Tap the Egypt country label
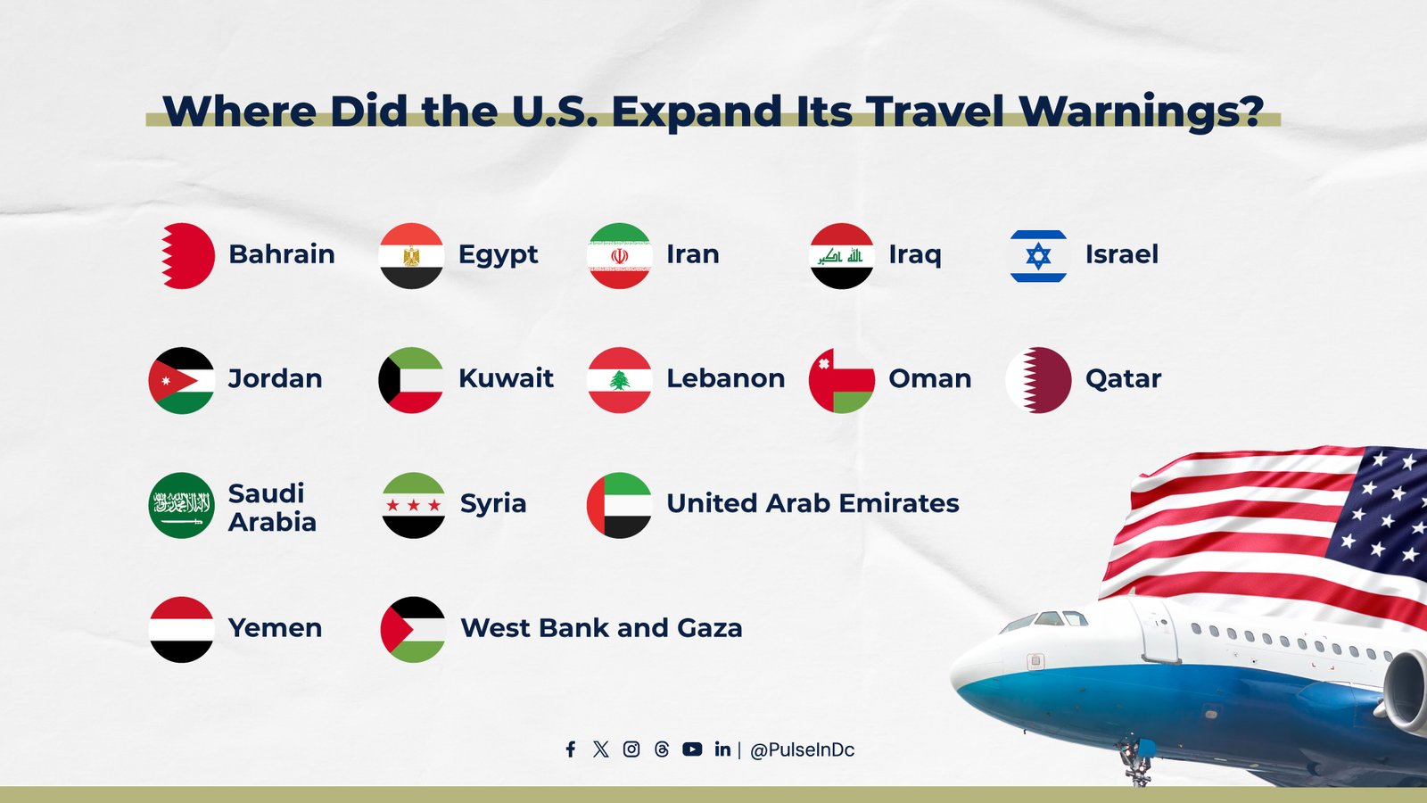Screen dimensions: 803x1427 [498, 255]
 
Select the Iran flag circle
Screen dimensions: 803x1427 [619, 256]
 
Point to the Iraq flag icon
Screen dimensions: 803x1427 [841, 256]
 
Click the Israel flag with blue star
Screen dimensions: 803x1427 [1038, 256]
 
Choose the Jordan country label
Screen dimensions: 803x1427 [275, 378]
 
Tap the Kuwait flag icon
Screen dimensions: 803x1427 [411, 380]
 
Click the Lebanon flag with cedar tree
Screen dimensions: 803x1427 [619, 380]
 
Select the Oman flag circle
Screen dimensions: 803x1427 [841, 380]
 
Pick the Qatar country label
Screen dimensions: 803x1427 [1123, 378]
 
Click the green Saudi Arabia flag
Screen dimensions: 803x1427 [182, 505]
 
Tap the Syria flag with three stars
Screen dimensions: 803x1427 [413, 505]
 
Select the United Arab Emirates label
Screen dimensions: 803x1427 [812, 503]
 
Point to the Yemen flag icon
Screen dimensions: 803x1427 [182, 630]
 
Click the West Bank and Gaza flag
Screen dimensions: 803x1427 [413, 630]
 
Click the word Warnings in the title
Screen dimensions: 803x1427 [1141, 112]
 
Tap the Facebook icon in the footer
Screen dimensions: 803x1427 [571, 749]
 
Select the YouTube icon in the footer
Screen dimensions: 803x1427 [692, 749]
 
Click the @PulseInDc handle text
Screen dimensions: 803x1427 [803, 750]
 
